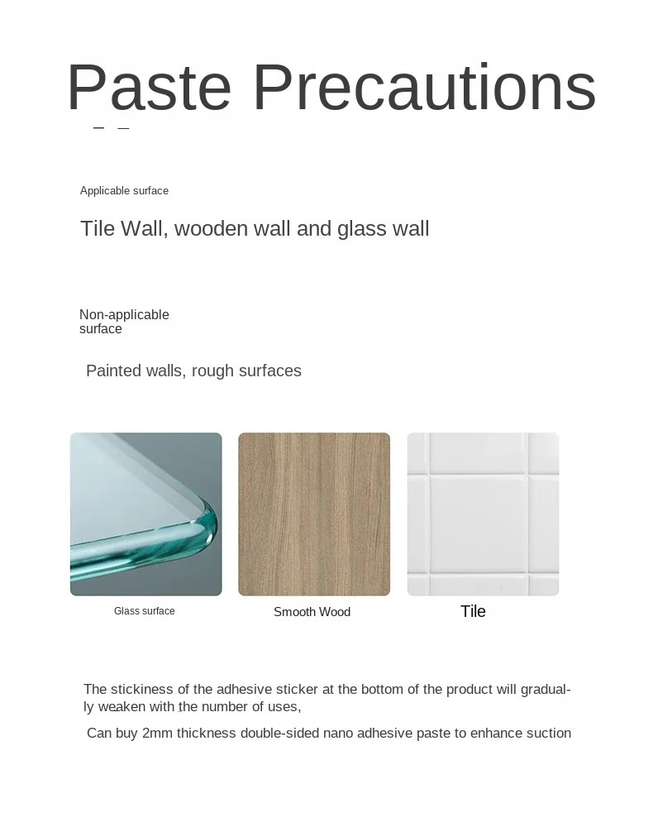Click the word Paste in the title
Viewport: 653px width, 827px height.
149,87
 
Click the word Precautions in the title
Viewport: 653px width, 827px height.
425,87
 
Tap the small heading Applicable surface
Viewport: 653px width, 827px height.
124,191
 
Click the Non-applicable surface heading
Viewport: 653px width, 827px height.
124,322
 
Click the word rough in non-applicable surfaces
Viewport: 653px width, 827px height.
212,371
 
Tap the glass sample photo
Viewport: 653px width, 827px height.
146,514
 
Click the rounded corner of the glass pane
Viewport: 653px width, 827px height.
208,521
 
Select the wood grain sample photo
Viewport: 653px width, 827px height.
314,514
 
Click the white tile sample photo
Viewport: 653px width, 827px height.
483,514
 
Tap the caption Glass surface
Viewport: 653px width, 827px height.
145,611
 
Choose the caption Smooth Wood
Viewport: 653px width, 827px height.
312,612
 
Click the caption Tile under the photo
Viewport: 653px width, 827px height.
474,611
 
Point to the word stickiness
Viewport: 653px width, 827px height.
142,690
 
